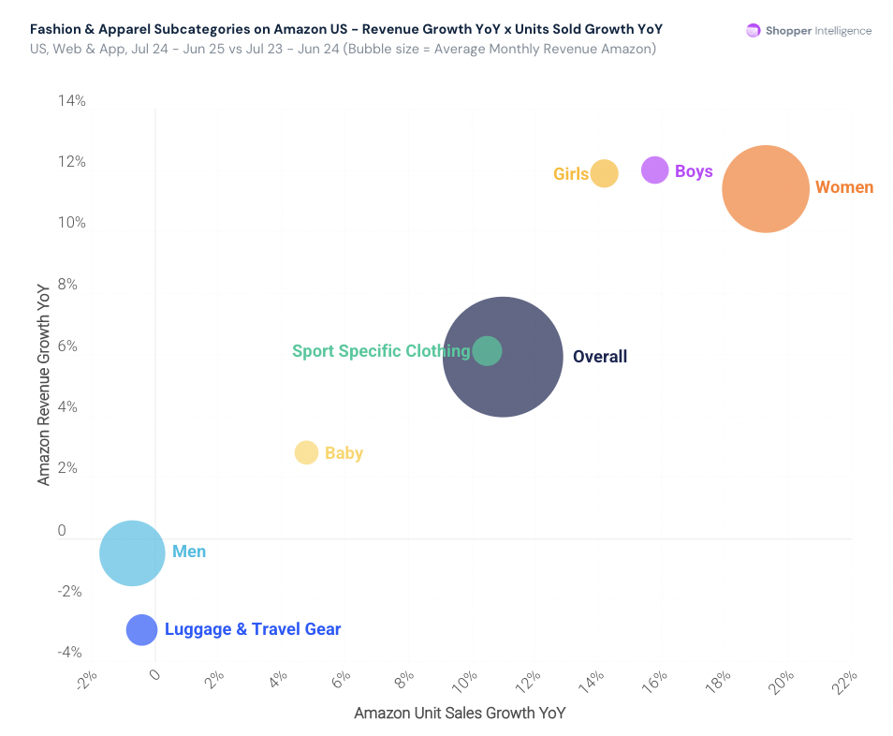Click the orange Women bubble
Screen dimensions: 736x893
(x=766, y=188)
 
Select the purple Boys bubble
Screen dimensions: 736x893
(x=655, y=170)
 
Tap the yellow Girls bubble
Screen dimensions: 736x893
(x=605, y=173)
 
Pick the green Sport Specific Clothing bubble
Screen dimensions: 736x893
(x=487, y=351)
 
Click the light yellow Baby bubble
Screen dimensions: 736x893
(x=306, y=452)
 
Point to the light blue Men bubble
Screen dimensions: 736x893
(x=132, y=552)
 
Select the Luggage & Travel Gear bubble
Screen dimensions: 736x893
(x=141, y=629)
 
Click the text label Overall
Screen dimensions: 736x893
(x=600, y=357)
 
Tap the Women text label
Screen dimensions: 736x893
(x=844, y=187)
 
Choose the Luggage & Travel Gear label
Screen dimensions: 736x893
(x=253, y=629)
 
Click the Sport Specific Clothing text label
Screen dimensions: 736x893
(x=381, y=351)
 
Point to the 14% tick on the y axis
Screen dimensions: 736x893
(x=72, y=101)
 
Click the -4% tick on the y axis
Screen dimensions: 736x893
(x=70, y=653)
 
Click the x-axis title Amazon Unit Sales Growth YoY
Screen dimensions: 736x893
(x=460, y=714)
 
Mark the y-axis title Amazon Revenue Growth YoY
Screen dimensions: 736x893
(x=43, y=385)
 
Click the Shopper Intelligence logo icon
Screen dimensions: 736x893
(x=753, y=31)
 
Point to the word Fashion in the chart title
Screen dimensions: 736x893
(x=55, y=29)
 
